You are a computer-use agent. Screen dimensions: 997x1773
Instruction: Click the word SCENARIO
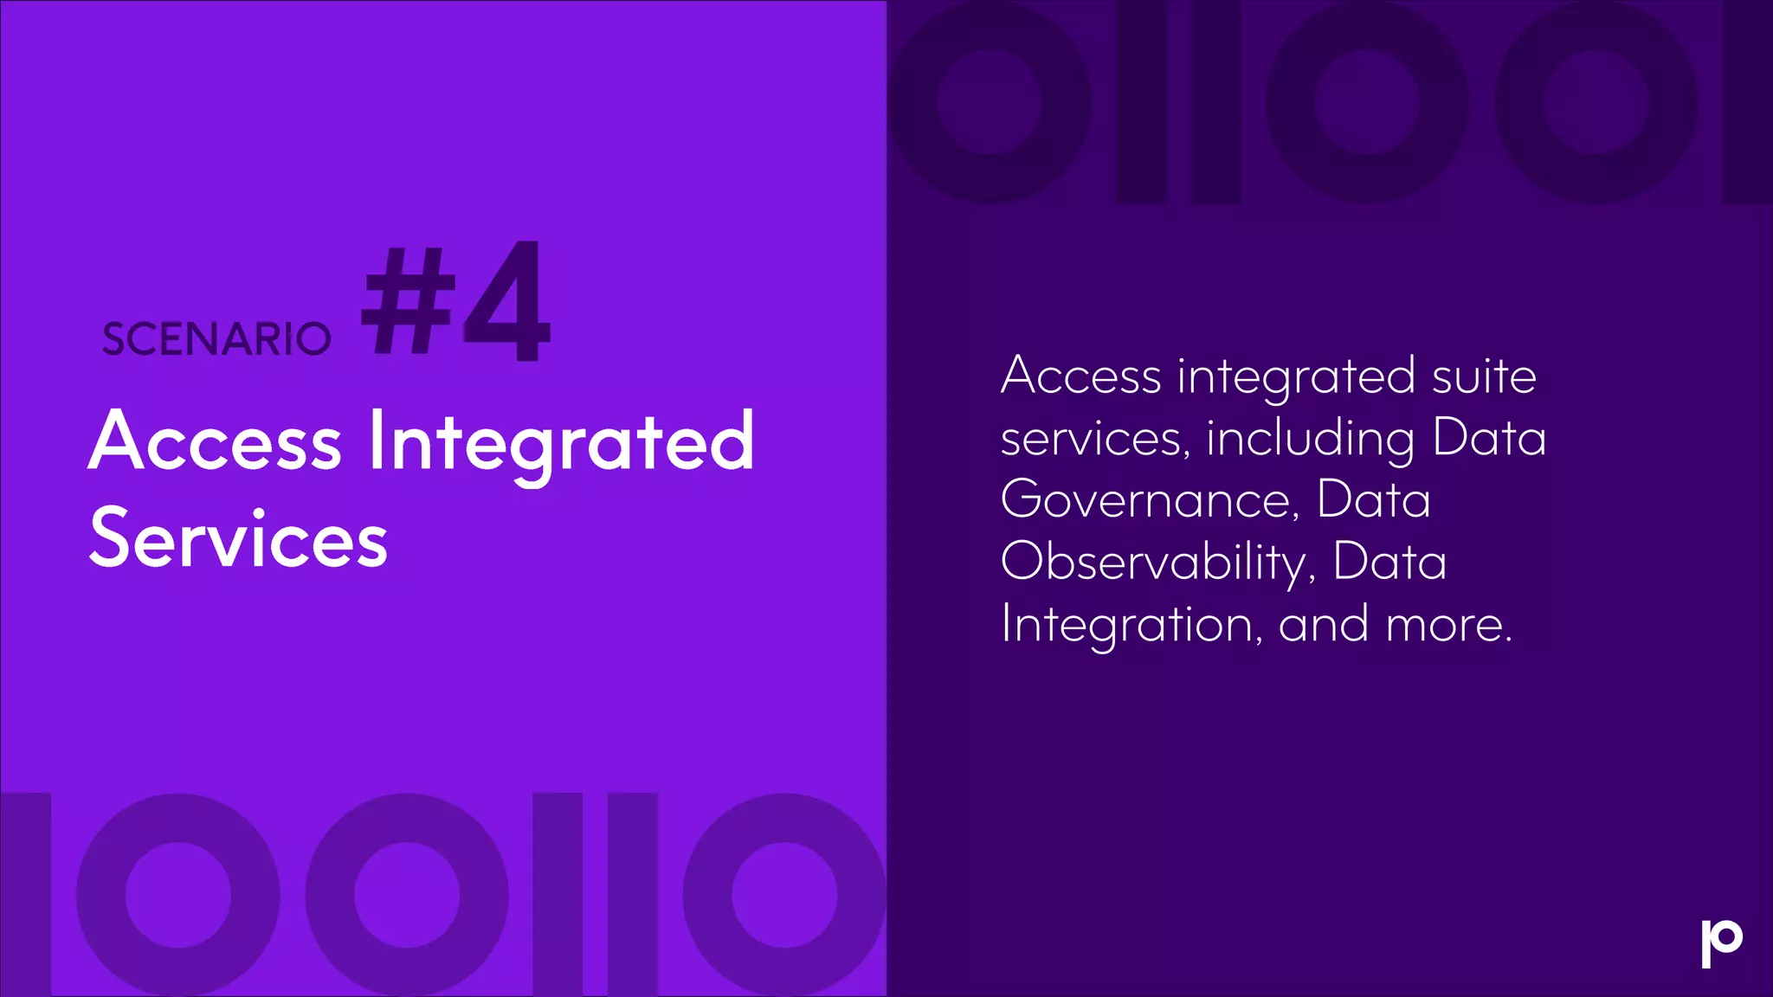[x=216, y=338]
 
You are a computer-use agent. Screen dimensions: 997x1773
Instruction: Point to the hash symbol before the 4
[x=409, y=300]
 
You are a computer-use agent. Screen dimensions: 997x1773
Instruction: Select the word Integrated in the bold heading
[x=561, y=443]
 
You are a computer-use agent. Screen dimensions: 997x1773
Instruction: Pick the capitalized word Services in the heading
[x=238, y=539]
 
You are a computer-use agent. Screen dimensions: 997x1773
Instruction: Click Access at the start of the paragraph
[x=1080, y=376]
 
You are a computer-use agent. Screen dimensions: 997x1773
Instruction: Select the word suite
[x=1484, y=376]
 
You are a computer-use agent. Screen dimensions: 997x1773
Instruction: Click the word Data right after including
[x=1489, y=438]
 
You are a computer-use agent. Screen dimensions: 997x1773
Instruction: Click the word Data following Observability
[x=1389, y=563]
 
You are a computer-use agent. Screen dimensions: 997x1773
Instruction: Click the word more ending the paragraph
[x=1447, y=626]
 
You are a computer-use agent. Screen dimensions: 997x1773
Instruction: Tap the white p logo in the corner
[x=1721, y=943]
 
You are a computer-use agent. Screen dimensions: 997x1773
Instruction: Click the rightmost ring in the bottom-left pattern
[x=784, y=895]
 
